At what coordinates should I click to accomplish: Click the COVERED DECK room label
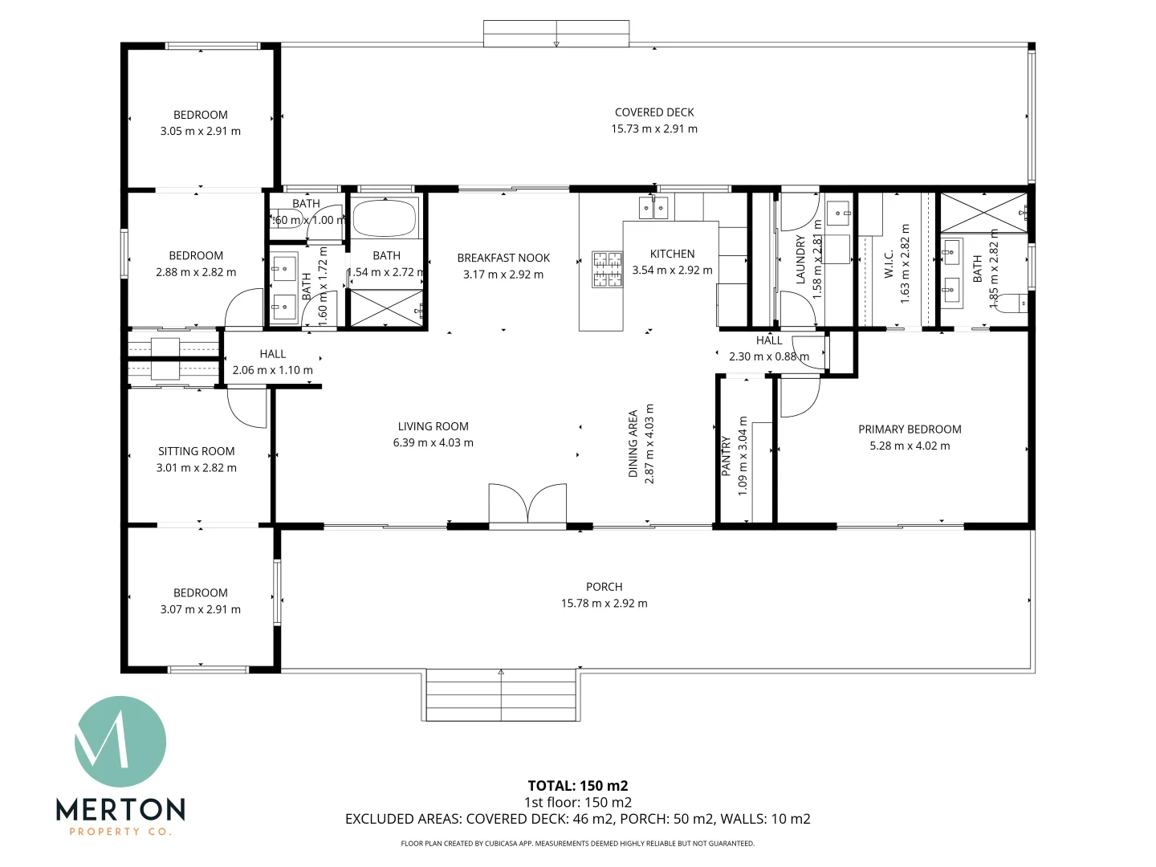pos(654,112)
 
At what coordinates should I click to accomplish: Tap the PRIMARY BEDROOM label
pos(910,429)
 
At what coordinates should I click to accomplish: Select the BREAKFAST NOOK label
pos(503,258)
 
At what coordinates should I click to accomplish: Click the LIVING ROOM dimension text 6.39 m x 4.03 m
pos(433,442)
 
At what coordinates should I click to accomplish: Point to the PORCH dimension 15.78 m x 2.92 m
pos(604,603)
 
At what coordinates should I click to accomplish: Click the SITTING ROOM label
pos(197,451)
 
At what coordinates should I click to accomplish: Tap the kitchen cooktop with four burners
pos(607,270)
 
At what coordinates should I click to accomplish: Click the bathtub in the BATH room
pos(385,218)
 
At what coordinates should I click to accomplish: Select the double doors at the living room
pos(527,506)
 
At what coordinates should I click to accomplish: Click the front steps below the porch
pos(502,695)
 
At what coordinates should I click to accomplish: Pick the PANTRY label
pos(727,456)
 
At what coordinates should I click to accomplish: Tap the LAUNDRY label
pos(800,260)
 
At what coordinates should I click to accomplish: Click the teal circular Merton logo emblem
pos(120,742)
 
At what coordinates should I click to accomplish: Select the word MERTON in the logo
pos(120,809)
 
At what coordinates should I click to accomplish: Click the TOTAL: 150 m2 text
pos(578,786)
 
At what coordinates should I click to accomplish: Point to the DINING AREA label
pos(633,444)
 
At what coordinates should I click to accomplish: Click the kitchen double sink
pos(653,208)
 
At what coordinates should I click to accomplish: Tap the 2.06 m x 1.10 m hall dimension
pos(273,370)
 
